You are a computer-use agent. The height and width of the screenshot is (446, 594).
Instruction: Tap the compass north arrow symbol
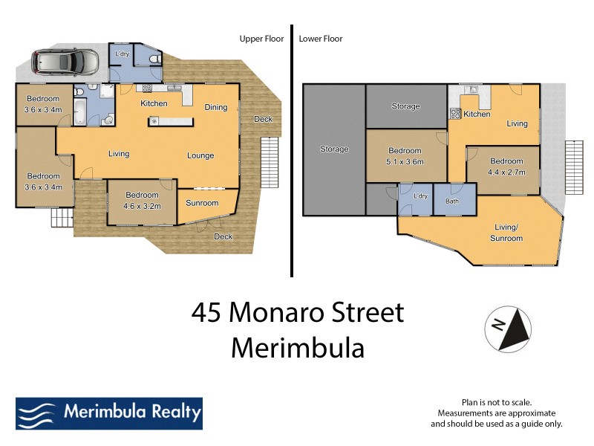point(508,328)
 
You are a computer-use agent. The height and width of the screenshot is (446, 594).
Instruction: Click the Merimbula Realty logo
point(108,413)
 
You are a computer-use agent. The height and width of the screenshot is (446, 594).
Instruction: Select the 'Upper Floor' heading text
point(261,39)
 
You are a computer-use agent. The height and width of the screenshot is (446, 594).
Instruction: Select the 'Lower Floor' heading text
point(321,39)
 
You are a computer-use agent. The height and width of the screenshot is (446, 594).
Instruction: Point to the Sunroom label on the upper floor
point(202,203)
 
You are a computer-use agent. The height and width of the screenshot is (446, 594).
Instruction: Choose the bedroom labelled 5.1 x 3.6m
point(405,156)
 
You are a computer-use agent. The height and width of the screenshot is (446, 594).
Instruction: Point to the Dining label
point(216,107)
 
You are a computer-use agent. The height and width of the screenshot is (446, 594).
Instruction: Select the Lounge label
point(200,155)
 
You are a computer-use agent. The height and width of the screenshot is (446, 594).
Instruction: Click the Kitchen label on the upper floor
point(154,103)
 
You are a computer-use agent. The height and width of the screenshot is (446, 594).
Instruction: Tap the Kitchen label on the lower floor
point(477,114)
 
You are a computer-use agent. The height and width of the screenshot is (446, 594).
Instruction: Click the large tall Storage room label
point(334,149)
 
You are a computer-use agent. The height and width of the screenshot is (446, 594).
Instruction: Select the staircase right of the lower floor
point(575,167)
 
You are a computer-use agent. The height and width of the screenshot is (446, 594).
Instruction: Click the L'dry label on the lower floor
point(420,196)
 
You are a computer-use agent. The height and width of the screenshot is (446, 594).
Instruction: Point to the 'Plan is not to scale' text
point(497,401)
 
